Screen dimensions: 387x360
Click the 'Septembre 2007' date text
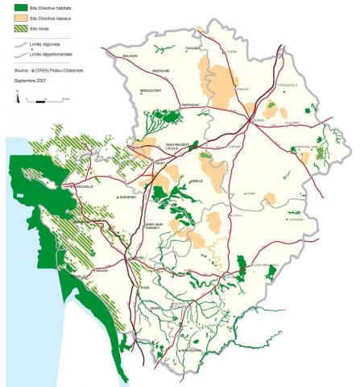[29, 81]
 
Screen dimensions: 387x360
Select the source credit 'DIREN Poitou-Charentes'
[60, 71]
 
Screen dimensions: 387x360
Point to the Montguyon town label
[191, 351]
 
